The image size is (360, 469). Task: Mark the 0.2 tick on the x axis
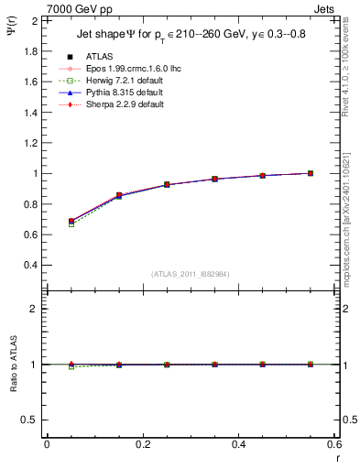[x=142, y=444]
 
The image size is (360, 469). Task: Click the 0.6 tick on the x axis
[x=333, y=444]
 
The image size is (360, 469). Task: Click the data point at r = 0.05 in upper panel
[x=71, y=221]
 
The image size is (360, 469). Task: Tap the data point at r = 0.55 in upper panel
[x=310, y=173]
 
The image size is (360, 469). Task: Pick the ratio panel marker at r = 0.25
[x=167, y=365]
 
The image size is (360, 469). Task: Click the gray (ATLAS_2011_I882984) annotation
[x=191, y=273]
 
